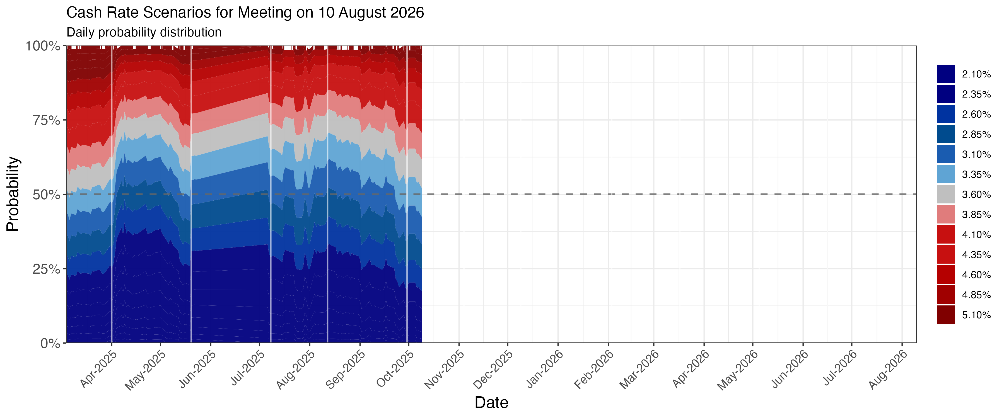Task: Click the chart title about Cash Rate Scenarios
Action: click(245, 13)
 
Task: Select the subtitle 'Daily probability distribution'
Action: click(144, 32)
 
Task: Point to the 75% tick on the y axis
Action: click(46, 120)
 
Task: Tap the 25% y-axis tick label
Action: click(46, 269)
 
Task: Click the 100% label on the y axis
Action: click(43, 46)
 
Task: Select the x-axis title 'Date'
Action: click(491, 403)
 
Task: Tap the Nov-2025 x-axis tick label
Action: click(444, 369)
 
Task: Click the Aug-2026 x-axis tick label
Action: click(888, 369)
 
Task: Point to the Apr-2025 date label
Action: click(98, 369)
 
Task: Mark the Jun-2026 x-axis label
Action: click(790, 369)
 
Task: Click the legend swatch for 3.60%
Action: click(946, 195)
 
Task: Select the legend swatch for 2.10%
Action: click(946, 74)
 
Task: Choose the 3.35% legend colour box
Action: click(946, 174)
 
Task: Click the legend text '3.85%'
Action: click(976, 215)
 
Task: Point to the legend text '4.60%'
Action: click(976, 275)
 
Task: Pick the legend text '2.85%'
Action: click(976, 134)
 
